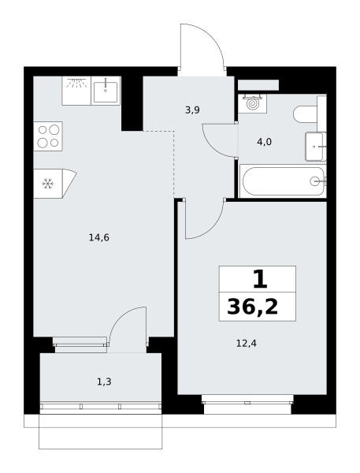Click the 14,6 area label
point(99,238)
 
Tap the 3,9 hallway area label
point(192,110)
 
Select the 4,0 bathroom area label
point(264,142)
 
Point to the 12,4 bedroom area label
point(247,343)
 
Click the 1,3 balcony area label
point(104,382)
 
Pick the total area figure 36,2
point(253,307)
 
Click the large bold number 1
point(260,279)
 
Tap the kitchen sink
point(106,91)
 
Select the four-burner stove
point(48,136)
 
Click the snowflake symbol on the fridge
point(47,184)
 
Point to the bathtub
point(283,181)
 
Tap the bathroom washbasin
point(316,147)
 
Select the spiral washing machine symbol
point(253,103)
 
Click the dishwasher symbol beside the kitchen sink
point(76,91)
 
